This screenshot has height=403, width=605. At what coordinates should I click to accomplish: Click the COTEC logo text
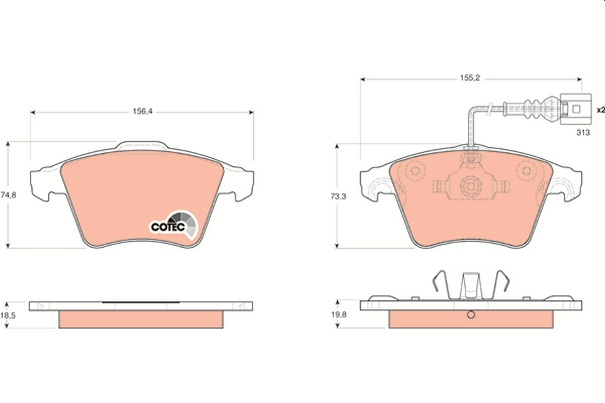pyautogui.click(x=167, y=227)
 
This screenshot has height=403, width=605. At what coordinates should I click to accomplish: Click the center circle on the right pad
pyautogui.click(x=470, y=186)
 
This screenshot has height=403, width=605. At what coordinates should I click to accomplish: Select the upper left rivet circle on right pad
pyautogui.click(x=415, y=170)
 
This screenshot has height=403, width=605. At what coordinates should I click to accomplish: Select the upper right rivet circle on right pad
pyautogui.click(x=528, y=170)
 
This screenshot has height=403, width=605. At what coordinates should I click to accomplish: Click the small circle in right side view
pyautogui.click(x=470, y=315)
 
